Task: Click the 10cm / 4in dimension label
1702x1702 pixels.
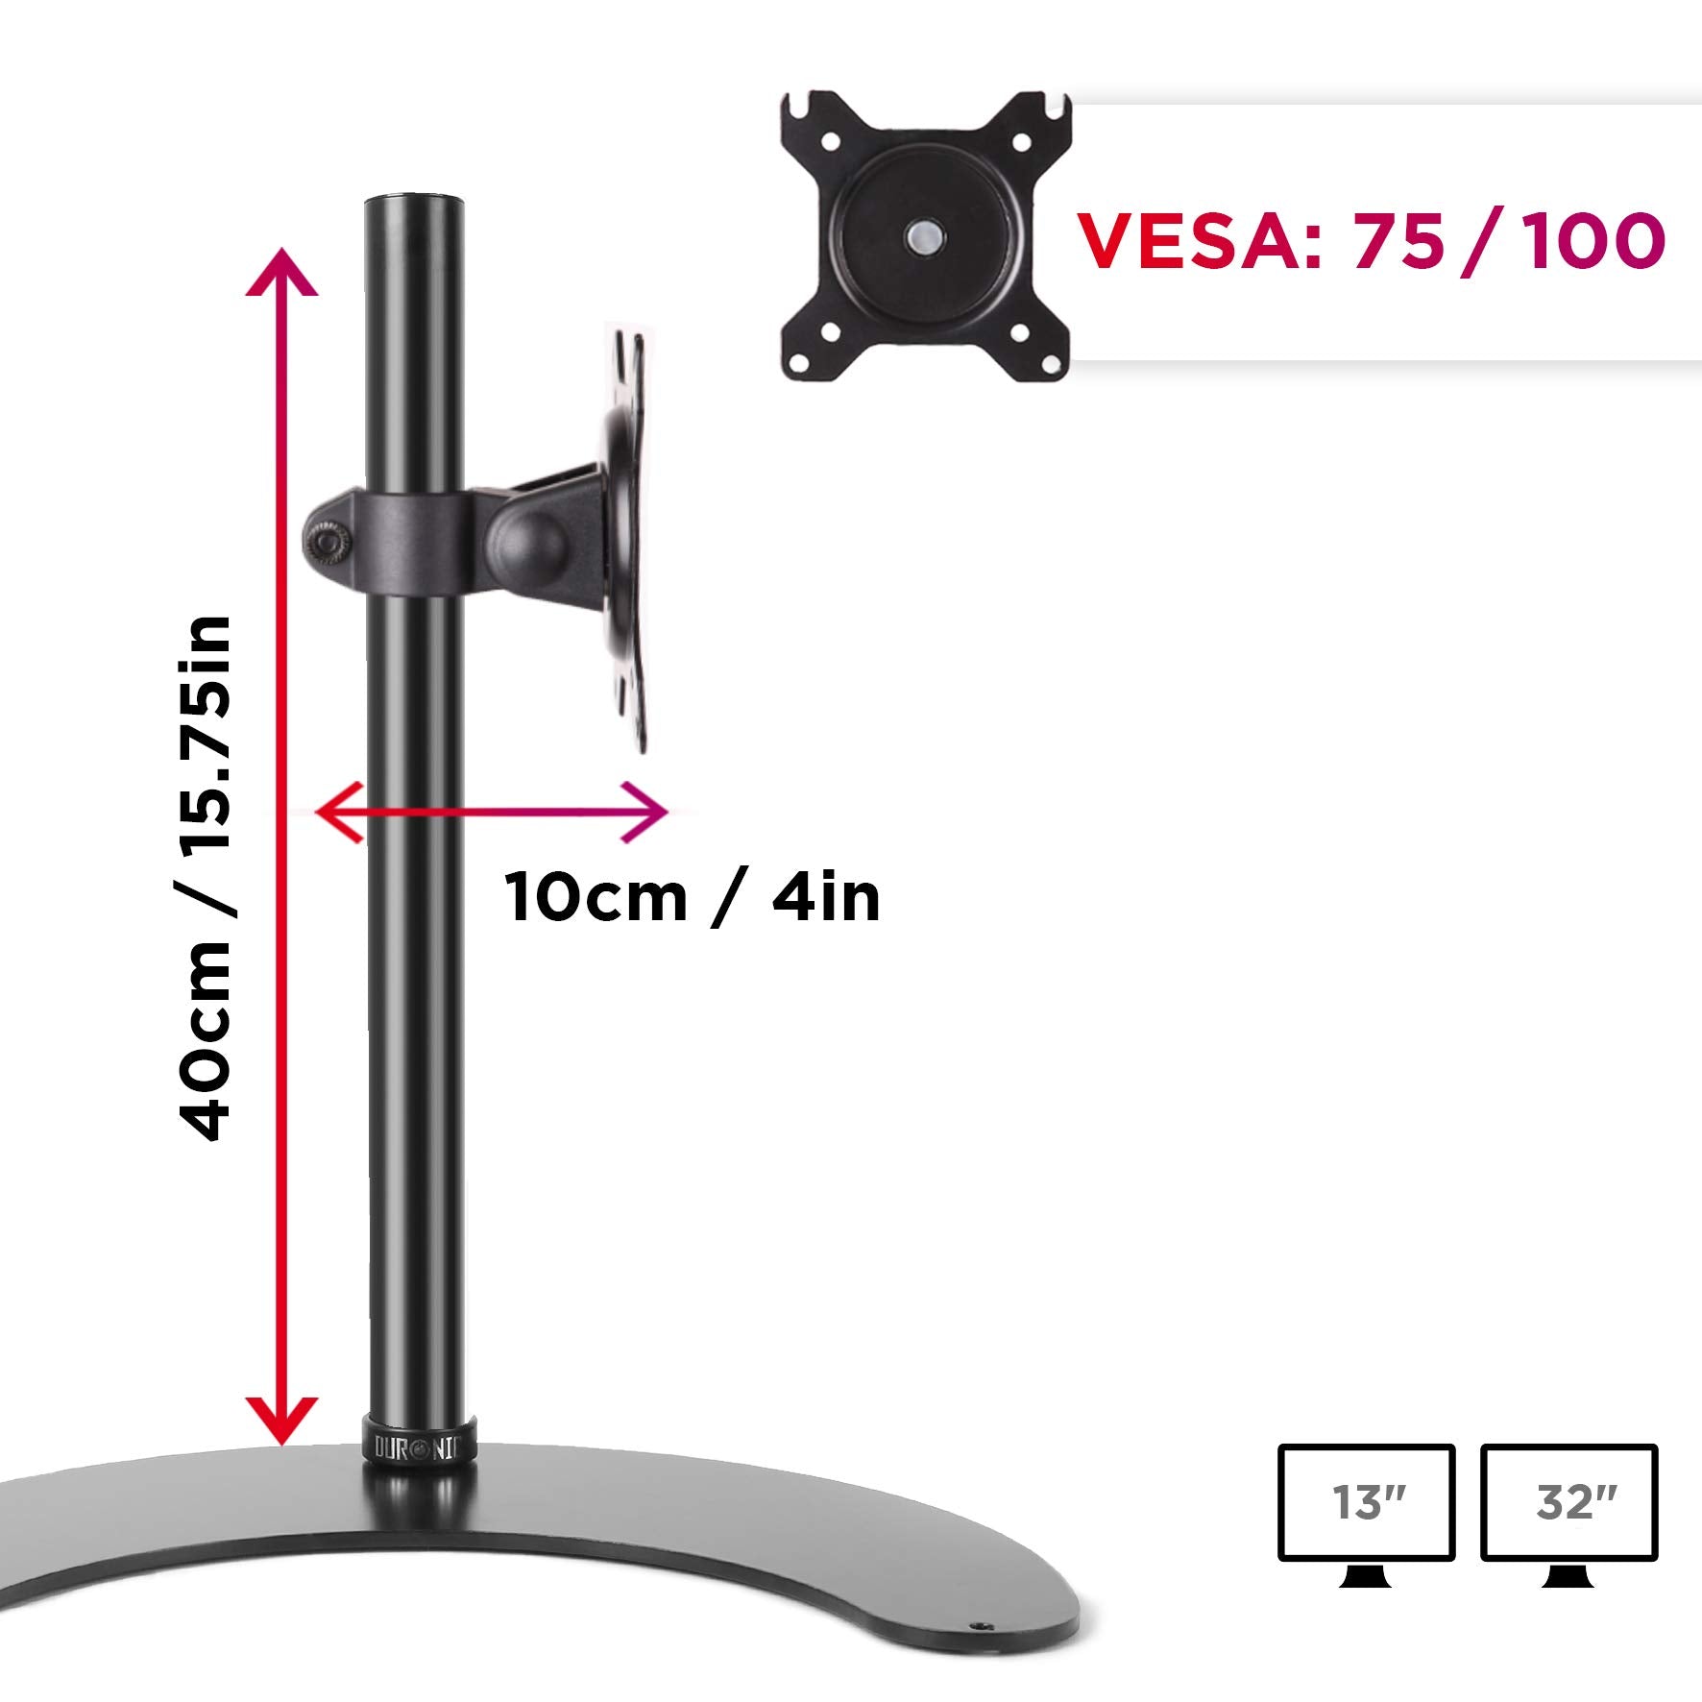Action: (692, 898)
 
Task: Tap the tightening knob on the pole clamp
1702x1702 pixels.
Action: (326, 544)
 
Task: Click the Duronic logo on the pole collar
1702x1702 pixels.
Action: (418, 1447)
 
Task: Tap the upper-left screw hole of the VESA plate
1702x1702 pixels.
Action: (831, 142)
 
